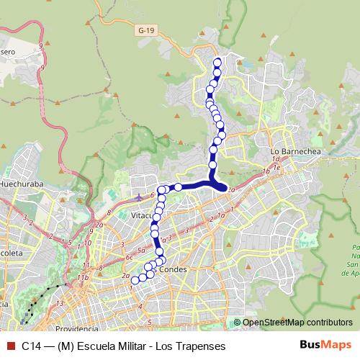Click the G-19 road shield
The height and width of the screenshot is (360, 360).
pos(146,30)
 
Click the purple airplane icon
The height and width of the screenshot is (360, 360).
pos(139,194)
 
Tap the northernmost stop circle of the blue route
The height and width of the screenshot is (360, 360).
pos(217,61)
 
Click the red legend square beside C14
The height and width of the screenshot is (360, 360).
pos(9,346)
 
